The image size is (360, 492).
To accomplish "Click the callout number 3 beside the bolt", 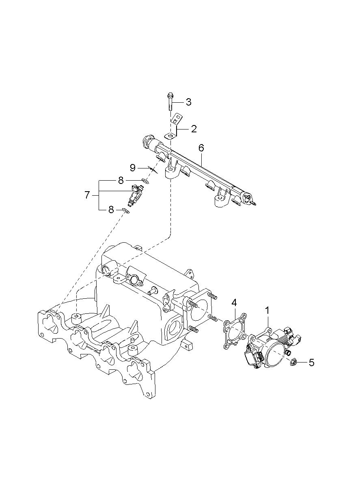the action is (188, 102).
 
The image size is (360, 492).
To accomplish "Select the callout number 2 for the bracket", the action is (194, 129).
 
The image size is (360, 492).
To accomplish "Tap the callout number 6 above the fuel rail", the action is (201, 148).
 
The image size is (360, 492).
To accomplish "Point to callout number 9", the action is (132, 168).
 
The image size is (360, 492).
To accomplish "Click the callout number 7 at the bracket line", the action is (87, 194).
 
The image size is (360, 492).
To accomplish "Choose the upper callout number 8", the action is (121, 181).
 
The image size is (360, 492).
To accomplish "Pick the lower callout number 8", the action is (111, 210).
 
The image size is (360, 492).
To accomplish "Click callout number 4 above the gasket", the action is (234, 303).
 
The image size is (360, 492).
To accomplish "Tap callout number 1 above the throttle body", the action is (267, 311).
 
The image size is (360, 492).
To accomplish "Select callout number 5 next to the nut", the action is (311, 363).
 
